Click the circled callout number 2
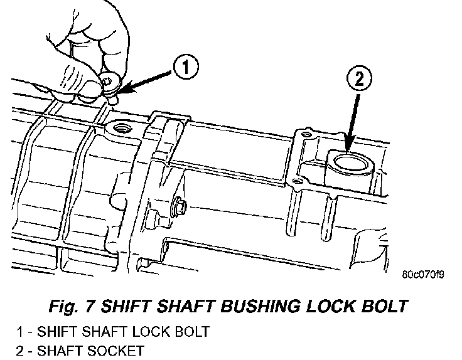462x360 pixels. (360, 80)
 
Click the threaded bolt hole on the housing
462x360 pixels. (119, 130)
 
